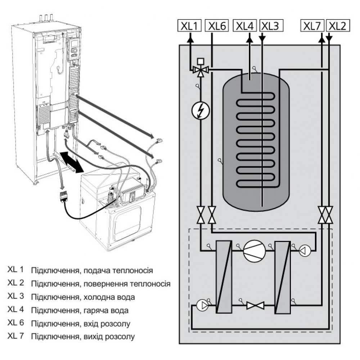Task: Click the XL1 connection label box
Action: [190, 26]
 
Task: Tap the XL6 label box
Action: [217, 26]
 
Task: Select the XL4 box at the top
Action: [245, 26]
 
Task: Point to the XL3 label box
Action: [271, 26]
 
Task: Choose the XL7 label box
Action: [312, 26]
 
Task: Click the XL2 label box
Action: [338, 26]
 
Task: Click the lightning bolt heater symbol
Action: [201, 111]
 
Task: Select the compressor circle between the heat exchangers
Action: [255, 251]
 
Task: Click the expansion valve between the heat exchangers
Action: [255, 305]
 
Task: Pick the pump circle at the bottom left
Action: [202, 305]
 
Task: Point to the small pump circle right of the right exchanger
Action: [305, 251]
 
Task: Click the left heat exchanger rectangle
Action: [224, 276]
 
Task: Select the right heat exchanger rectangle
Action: [283, 277]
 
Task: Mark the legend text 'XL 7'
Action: [15, 336]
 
